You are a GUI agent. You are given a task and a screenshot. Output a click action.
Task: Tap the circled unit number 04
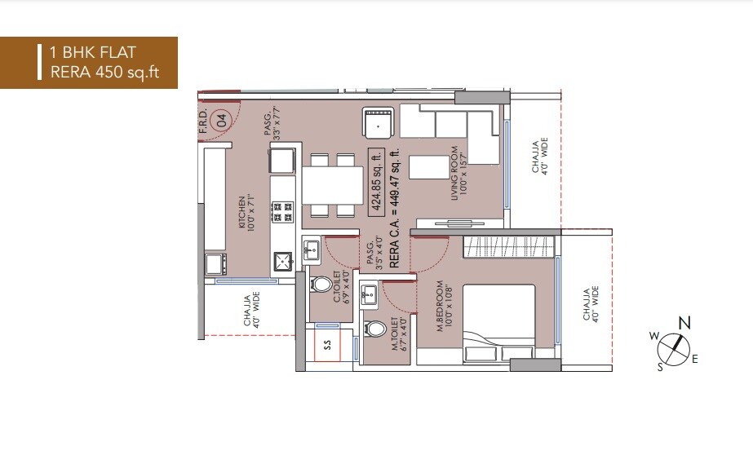pos(219,121)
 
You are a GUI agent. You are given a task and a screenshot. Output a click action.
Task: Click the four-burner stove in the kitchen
pos(283,214)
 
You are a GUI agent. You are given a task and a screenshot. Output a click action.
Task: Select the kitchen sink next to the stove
pos(284,262)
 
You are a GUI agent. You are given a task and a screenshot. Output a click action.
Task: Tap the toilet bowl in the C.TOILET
pos(321,285)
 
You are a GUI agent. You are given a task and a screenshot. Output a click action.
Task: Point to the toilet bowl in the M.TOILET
pos(375,330)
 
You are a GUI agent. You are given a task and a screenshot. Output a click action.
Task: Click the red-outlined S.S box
pos(327,343)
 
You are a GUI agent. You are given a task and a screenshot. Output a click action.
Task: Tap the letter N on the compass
pos(684,323)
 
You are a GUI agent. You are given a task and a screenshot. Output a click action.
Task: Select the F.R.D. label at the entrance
pos(203,121)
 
